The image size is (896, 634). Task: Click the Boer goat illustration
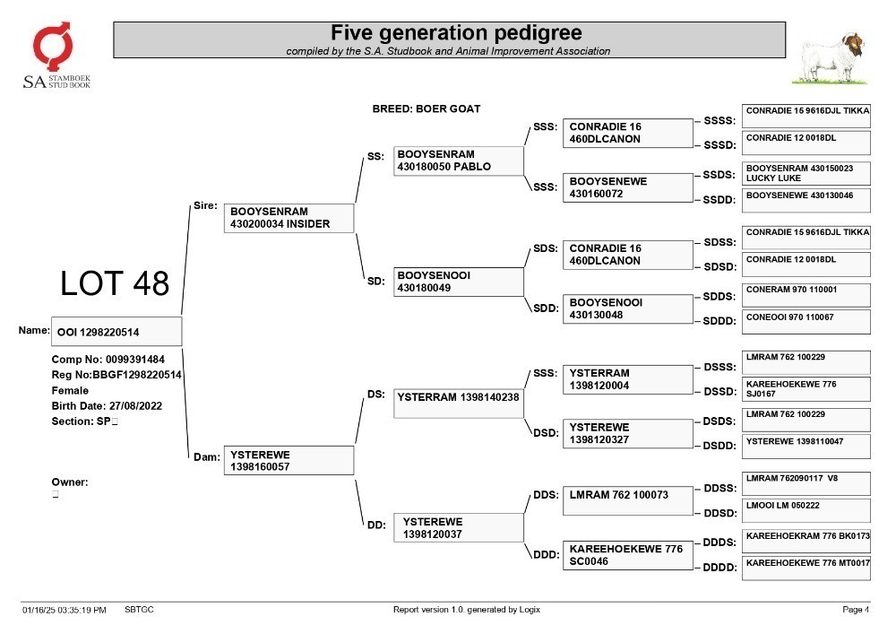tap(830, 58)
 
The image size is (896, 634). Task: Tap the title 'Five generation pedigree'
tap(456, 32)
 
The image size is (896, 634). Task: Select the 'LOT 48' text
tap(115, 283)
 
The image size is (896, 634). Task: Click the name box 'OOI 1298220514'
tap(116, 332)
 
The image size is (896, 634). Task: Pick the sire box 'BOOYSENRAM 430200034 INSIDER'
tap(289, 218)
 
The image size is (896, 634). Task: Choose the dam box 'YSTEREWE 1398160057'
tap(289, 460)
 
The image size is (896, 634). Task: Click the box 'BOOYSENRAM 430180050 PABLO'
tap(458, 161)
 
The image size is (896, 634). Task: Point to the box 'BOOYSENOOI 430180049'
tap(458, 282)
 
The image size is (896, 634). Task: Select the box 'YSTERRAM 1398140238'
tap(458, 403)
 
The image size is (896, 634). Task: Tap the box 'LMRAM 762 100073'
tap(627, 500)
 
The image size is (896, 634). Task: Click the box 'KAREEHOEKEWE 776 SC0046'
tap(627, 555)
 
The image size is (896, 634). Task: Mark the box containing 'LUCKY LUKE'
tap(806, 173)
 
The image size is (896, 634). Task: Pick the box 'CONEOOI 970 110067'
tap(806, 322)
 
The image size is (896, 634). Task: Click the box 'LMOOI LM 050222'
tap(806, 510)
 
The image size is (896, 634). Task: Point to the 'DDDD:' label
tap(719, 568)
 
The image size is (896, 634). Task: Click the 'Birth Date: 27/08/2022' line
tap(107, 406)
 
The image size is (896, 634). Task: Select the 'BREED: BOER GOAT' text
tap(426, 109)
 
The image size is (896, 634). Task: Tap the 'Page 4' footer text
tap(856, 610)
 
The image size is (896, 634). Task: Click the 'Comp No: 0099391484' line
tap(108, 360)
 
